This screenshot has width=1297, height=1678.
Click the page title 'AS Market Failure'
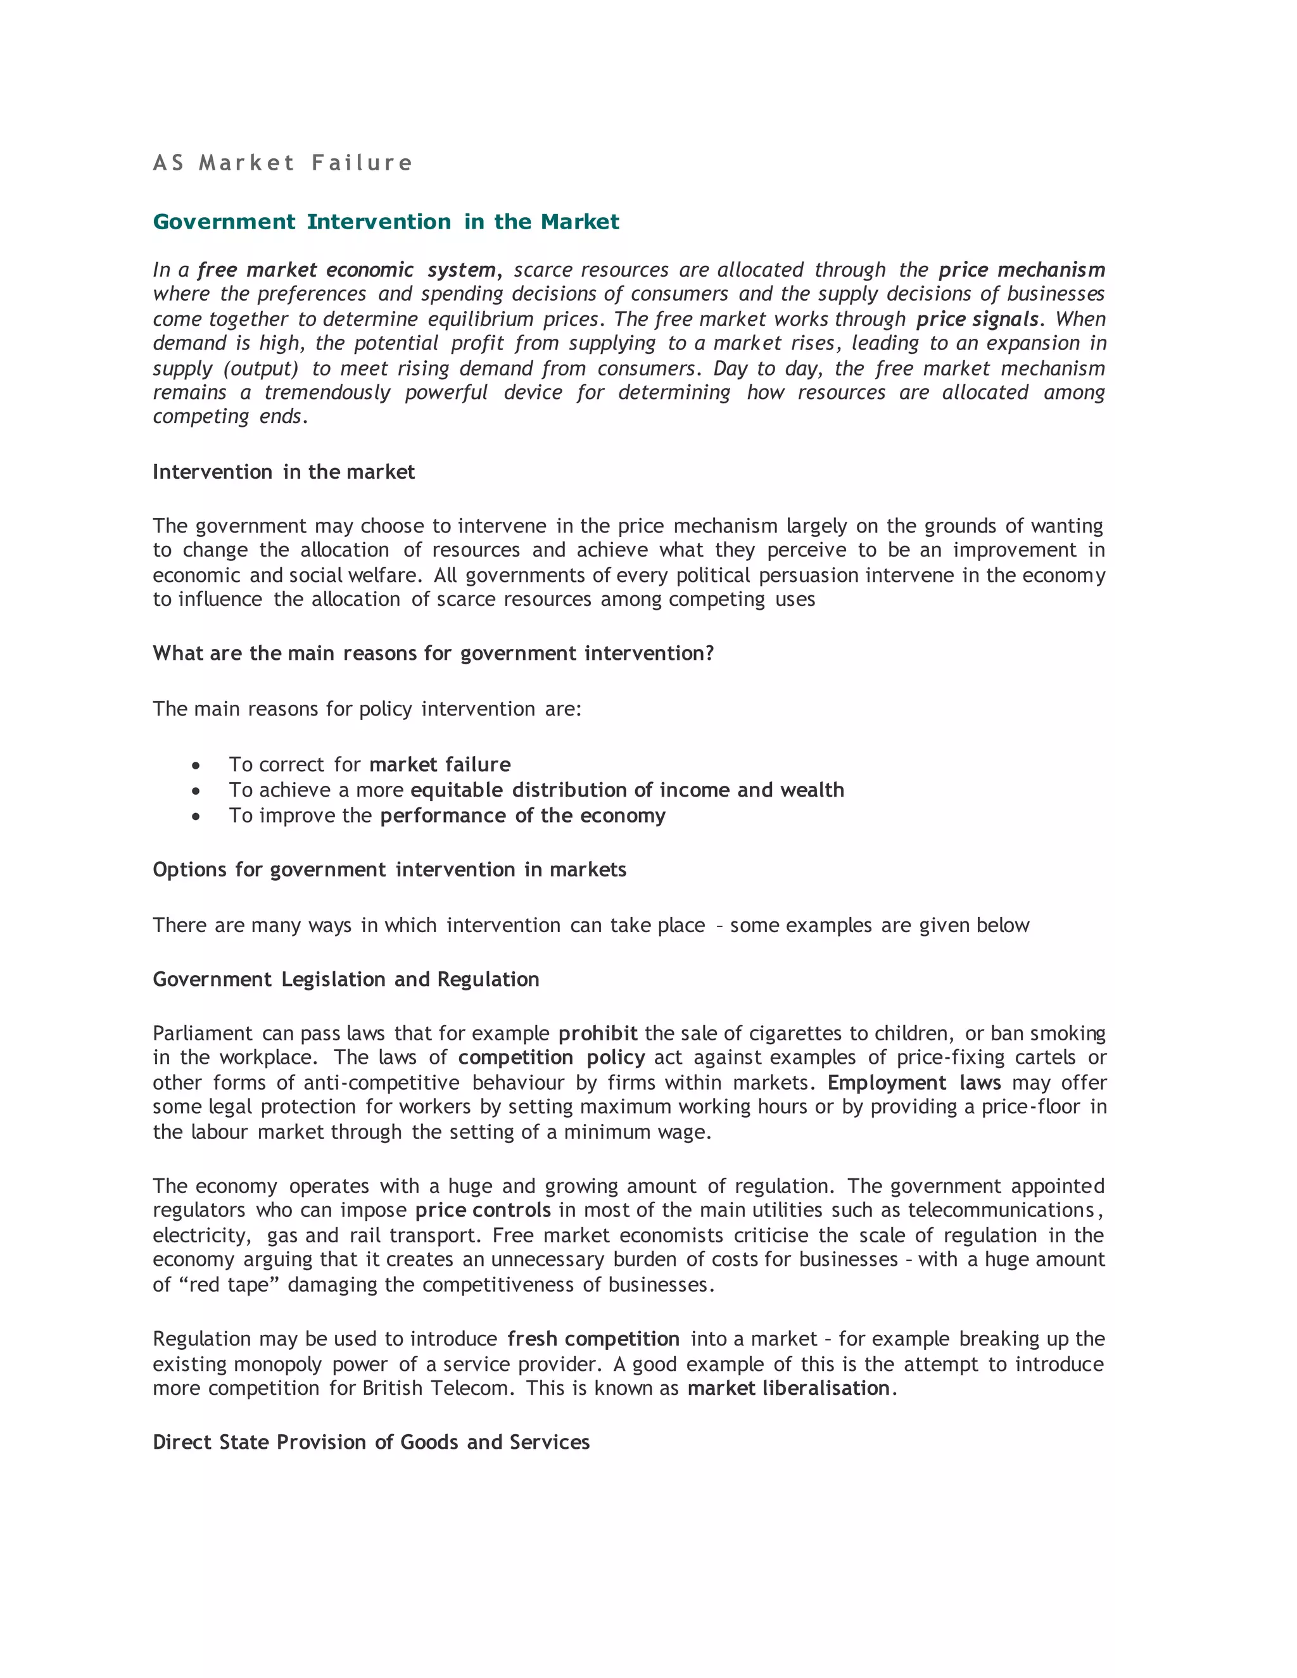coord(282,163)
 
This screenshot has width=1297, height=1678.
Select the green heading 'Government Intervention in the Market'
coord(386,222)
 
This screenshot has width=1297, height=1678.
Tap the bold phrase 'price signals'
coord(977,319)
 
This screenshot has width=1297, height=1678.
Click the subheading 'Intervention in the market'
coord(284,472)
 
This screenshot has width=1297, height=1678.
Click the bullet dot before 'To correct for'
coord(197,766)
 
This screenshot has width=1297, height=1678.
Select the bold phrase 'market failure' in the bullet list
coord(440,764)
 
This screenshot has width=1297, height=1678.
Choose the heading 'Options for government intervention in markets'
coord(389,870)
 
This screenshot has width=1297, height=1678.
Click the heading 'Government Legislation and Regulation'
coord(346,980)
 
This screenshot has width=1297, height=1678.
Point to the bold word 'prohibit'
coord(598,1033)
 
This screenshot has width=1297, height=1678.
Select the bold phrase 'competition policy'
coord(551,1058)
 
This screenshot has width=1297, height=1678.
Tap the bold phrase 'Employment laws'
coord(914,1083)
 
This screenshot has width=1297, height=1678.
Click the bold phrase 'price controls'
coord(483,1210)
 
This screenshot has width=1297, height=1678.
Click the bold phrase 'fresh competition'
coord(593,1339)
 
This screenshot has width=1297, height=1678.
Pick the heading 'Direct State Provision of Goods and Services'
coord(371,1442)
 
